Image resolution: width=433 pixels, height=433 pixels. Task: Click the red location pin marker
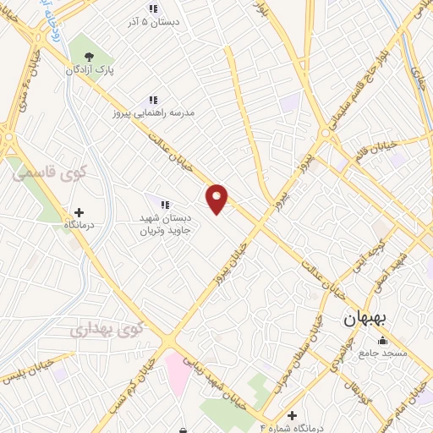coord(217,198)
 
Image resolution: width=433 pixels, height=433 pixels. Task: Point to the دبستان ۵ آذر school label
coord(152,24)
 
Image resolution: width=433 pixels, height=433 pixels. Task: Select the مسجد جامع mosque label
coord(383,352)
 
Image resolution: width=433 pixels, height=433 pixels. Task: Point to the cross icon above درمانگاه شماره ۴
coord(293,415)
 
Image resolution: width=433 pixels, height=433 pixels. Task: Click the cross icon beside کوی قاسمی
coord(79,212)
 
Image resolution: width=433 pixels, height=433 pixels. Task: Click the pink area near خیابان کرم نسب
coord(177,371)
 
